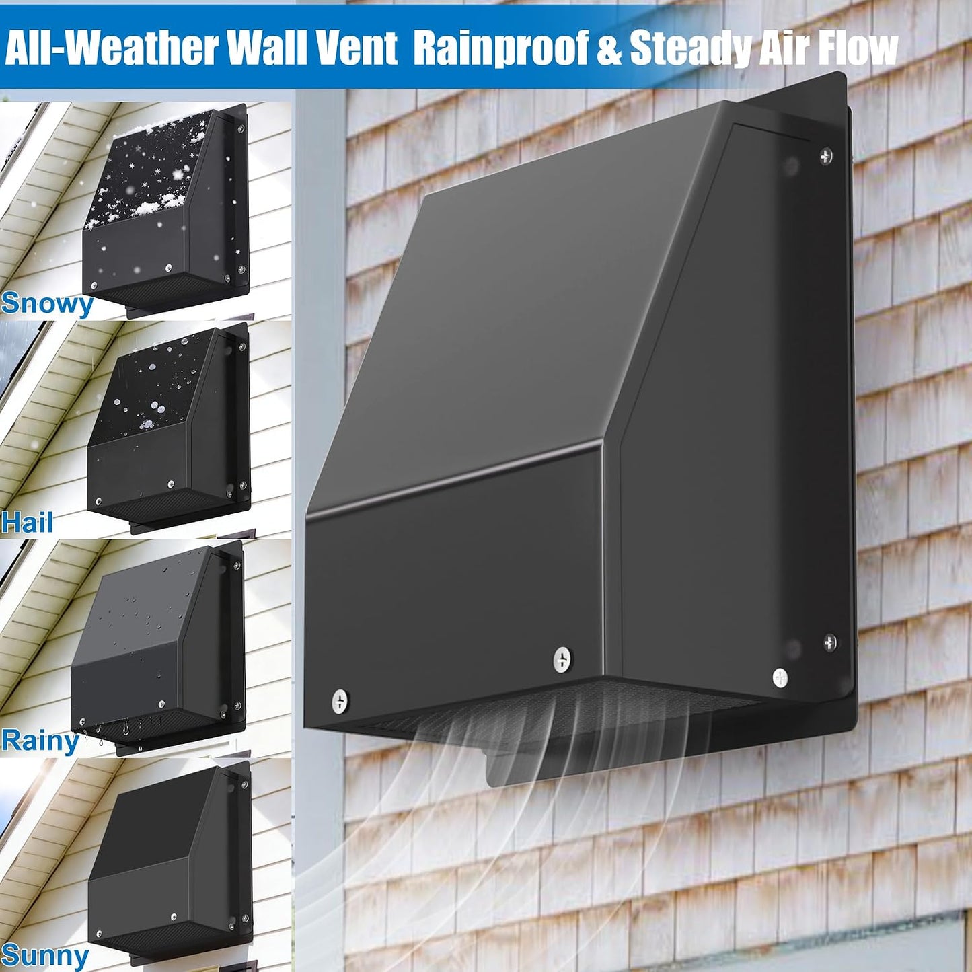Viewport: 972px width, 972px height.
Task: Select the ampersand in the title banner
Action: pos(609,48)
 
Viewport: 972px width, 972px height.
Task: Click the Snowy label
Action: pos(47,303)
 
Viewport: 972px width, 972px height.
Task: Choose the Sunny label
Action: pos(45,955)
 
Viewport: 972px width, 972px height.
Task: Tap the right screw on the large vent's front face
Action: pos(562,659)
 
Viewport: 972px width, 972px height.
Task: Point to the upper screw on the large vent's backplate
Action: pos(826,156)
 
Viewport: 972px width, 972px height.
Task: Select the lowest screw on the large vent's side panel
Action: pos(780,678)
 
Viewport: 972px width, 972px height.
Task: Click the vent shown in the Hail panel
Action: pos(169,424)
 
